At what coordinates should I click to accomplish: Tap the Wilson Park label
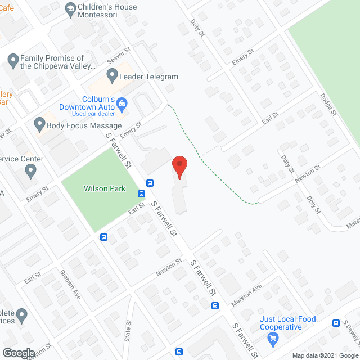[104, 189]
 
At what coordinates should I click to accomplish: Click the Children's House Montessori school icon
[70, 8]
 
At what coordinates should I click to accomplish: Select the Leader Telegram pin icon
[111, 74]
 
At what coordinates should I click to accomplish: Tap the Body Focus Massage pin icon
[39, 123]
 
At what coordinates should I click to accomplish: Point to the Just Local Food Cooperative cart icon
[273, 338]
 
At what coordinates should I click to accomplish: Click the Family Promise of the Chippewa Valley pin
[13, 58]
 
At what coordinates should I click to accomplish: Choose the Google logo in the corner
[18, 353]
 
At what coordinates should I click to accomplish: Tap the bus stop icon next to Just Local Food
[336, 323]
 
